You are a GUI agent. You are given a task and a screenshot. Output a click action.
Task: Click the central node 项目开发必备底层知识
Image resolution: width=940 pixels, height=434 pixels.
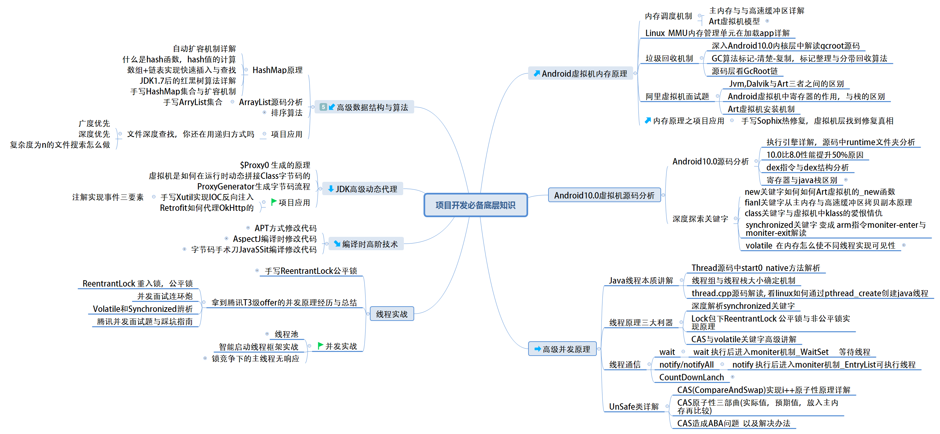[475, 205]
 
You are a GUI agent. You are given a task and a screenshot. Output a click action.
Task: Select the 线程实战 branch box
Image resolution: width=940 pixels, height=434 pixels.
[392, 314]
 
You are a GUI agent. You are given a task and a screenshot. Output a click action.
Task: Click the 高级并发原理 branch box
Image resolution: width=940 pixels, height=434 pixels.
[562, 349]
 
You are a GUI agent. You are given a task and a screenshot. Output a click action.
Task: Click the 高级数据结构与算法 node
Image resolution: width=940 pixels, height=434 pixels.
[364, 107]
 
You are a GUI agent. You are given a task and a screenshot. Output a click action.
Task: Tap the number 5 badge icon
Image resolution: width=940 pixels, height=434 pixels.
[323, 107]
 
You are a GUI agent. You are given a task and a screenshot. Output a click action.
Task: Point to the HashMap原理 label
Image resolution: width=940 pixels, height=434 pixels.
[277, 70]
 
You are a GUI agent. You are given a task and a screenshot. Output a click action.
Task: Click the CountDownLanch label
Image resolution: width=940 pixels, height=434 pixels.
[691, 377]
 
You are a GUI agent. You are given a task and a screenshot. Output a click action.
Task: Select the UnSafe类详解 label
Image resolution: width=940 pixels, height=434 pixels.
[634, 407]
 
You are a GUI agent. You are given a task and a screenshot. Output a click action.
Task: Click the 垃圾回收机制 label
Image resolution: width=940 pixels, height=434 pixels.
[669, 58]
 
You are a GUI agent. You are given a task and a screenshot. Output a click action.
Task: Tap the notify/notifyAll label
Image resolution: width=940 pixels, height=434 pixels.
[686, 365]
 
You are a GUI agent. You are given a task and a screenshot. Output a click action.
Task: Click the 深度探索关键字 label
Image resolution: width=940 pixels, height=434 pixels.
[700, 219]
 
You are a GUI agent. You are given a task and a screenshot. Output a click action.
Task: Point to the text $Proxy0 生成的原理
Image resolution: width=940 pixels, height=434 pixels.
[275, 165]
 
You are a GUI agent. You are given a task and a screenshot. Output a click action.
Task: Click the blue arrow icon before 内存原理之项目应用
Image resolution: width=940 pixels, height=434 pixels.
[648, 120]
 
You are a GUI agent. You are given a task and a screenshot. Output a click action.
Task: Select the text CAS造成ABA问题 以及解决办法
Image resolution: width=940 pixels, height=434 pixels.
[733, 423]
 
